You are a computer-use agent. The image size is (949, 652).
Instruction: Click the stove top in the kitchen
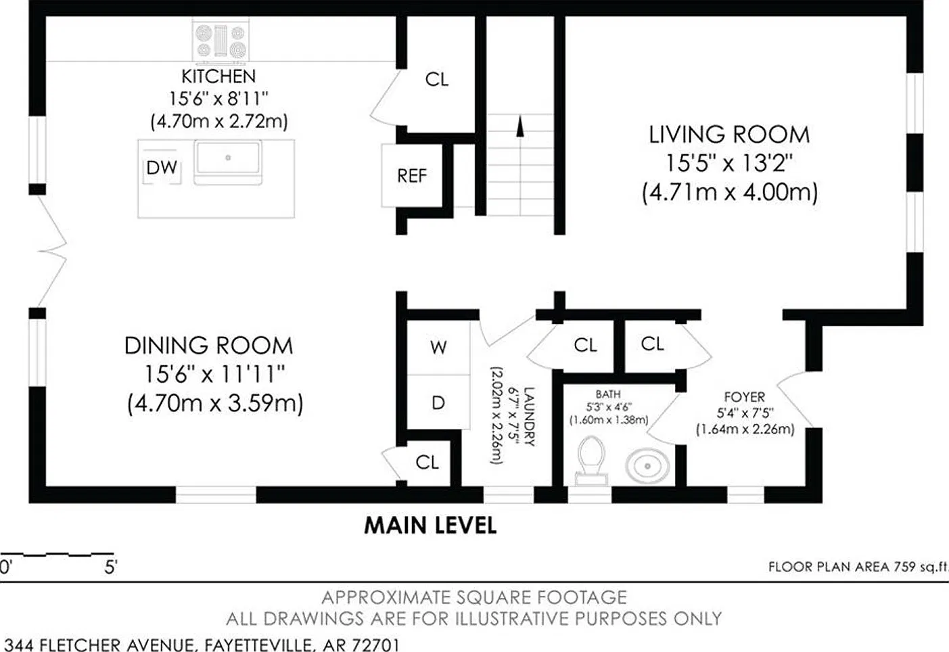(221, 40)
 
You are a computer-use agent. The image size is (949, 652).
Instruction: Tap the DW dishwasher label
(162, 168)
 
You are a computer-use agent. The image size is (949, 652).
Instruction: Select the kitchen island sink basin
(228, 158)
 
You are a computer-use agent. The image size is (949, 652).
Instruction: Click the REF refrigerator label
(412, 176)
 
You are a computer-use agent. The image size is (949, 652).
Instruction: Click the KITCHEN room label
(218, 76)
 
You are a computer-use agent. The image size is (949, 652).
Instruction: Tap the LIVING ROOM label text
(729, 135)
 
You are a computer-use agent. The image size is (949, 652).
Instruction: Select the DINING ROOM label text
(208, 346)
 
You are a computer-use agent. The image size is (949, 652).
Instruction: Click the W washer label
(438, 348)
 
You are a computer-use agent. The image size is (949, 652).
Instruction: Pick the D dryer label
(438, 403)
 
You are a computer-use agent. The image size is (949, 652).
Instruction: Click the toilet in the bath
(591, 460)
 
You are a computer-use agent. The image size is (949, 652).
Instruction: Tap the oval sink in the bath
(647, 466)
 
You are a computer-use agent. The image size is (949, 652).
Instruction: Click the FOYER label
(744, 397)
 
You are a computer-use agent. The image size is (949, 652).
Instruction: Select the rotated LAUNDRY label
(530, 417)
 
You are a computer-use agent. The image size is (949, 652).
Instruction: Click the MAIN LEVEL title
(430, 526)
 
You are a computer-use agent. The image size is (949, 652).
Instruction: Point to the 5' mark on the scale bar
(110, 567)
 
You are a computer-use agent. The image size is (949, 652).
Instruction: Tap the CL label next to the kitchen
(436, 80)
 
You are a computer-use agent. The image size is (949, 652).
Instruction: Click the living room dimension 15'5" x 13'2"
(728, 163)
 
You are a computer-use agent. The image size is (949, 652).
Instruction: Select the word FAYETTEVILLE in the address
(258, 645)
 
